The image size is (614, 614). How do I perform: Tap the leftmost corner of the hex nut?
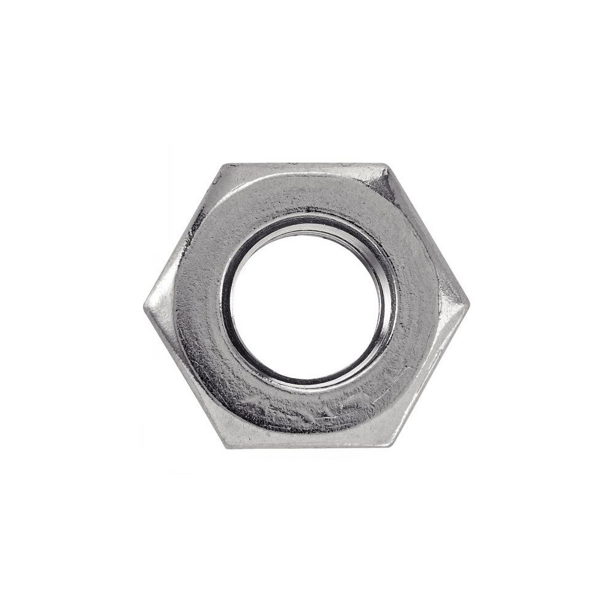(145, 306)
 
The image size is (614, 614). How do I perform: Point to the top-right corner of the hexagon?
(387, 165)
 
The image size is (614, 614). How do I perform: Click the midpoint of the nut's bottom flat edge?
(307, 446)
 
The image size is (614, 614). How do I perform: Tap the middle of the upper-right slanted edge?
(428, 235)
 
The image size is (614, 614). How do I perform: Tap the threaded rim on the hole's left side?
(228, 305)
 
